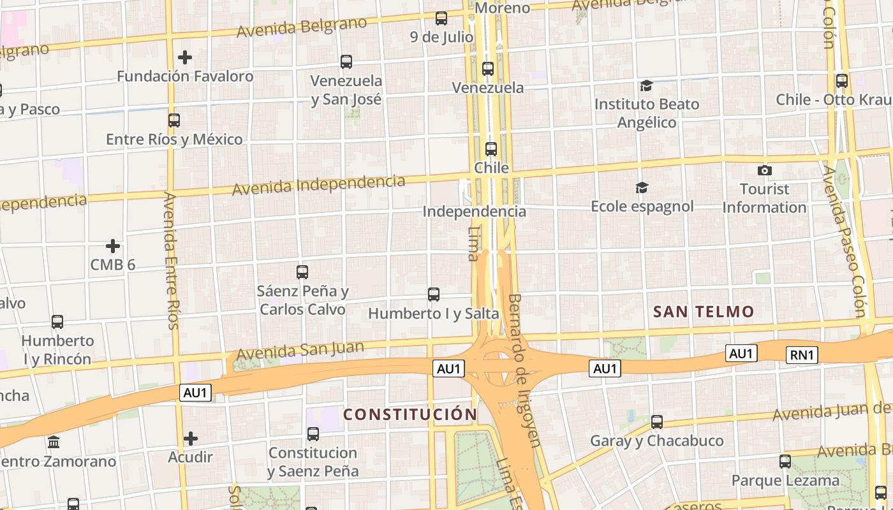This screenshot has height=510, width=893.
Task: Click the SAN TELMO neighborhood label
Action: point(704,312)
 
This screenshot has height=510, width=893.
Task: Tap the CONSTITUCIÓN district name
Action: point(410,414)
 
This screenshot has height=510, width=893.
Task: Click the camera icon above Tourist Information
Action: point(764,170)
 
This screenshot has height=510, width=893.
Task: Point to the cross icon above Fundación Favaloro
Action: point(185,57)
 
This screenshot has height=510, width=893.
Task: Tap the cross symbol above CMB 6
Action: point(113,246)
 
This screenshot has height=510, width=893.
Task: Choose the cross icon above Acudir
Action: point(190,439)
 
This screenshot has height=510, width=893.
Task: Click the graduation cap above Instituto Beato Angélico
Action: point(646,85)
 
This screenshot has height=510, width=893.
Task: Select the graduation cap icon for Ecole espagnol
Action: point(642,187)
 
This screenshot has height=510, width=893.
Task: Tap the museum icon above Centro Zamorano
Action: point(54,442)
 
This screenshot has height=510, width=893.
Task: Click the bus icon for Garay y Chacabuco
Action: point(656,421)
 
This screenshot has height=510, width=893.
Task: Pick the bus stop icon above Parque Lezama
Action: point(785,461)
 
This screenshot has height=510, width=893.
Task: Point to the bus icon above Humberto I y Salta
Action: point(434,294)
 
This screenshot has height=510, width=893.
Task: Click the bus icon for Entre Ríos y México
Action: point(173,120)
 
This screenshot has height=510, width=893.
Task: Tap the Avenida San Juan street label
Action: point(300,351)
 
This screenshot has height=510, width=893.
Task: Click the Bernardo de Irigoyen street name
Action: point(524,370)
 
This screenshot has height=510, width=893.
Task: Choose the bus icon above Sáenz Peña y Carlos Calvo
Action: point(302,272)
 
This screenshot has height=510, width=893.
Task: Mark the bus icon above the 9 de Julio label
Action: point(441,18)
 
